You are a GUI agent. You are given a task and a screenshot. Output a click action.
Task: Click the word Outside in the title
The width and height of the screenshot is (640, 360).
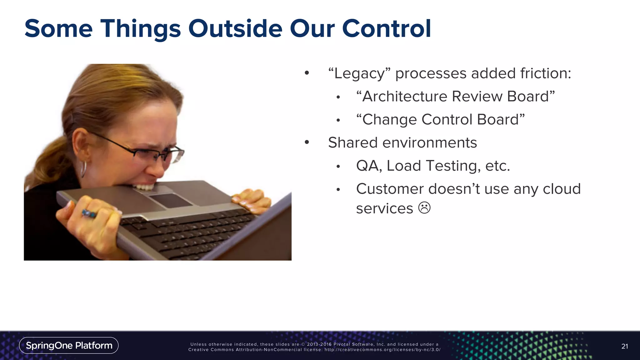[235, 29]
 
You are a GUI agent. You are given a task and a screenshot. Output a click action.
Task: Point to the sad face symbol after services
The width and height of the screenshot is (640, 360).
[424, 208]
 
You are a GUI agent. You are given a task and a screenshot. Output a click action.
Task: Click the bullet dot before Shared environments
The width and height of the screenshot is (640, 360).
[307, 142]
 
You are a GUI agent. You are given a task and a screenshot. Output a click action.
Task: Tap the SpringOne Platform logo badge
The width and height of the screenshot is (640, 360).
[69, 345]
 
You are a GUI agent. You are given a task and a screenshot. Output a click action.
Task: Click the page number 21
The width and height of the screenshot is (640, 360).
[624, 346]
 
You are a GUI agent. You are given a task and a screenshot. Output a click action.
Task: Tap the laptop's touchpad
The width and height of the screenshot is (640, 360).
[171, 200]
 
